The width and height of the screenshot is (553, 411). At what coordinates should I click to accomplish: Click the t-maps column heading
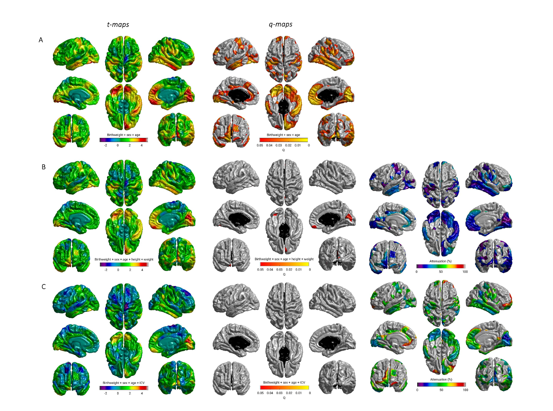[x=118, y=25]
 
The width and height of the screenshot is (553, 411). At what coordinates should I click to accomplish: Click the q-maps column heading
[x=280, y=25]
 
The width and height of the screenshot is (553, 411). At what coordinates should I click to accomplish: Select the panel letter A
[x=41, y=40]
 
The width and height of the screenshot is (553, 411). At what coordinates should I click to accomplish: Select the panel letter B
[x=43, y=167]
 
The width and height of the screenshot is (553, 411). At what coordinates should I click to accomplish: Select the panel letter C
[x=43, y=287]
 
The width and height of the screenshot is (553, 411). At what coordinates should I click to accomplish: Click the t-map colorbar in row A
[x=124, y=140]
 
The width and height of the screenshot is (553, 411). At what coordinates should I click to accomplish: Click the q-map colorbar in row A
[x=284, y=140]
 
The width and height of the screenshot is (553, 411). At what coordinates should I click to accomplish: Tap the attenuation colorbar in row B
[x=441, y=266]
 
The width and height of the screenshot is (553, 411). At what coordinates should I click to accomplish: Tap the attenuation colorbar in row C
[x=441, y=384]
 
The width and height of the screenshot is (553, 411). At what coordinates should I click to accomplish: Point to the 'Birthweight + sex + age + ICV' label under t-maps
[x=124, y=383]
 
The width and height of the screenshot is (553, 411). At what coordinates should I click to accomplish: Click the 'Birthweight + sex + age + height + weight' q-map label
[x=284, y=259]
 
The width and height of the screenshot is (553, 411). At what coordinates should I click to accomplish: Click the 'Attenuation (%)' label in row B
[x=440, y=261]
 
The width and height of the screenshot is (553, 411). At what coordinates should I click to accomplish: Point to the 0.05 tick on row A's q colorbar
[x=260, y=145]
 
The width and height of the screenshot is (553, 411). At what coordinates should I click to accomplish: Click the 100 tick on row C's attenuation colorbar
[x=465, y=390]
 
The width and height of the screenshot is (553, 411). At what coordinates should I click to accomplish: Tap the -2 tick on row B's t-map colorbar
[x=106, y=270]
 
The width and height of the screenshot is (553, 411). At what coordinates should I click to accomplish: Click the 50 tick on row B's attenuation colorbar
[x=441, y=272]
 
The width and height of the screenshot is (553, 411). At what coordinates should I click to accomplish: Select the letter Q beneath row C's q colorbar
[x=284, y=398]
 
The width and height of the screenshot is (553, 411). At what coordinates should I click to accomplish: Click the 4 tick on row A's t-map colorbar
[x=141, y=145]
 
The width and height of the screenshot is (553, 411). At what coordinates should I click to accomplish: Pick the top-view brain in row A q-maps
[x=284, y=59]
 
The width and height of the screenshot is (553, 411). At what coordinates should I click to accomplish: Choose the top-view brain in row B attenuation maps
[x=441, y=184]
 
